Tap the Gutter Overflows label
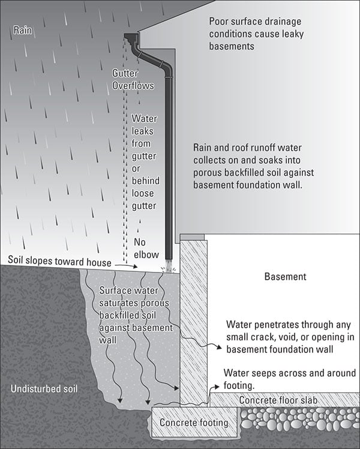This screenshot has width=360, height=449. pos(133,79)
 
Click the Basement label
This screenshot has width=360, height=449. pos(285,277)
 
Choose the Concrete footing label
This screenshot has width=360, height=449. pos(194,423)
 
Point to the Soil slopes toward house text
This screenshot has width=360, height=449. pos(60,262)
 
